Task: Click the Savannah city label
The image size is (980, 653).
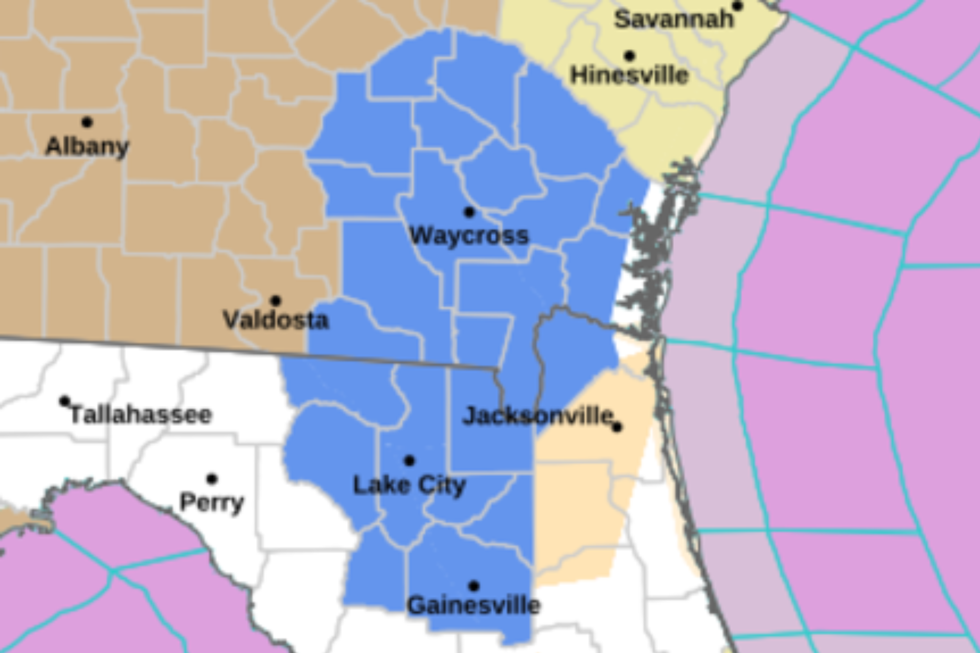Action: click(674, 20)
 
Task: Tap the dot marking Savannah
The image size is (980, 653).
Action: click(738, 6)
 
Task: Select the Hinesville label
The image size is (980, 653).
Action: click(629, 75)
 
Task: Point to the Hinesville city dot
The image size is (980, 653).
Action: click(629, 56)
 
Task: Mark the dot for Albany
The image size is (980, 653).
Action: click(87, 122)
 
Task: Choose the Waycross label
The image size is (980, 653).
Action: click(469, 236)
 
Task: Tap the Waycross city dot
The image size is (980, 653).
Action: click(469, 212)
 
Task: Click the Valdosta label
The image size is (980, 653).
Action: click(276, 320)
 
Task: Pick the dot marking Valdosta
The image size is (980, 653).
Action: click(275, 300)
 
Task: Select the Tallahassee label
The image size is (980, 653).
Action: click(141, 415)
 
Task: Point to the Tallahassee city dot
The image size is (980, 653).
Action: click(64, 401)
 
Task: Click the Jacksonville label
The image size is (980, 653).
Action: click(537, 416)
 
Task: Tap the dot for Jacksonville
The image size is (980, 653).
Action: click(617, 427)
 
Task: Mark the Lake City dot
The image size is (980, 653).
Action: click(409, 461)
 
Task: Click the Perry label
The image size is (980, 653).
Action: click(212, 502)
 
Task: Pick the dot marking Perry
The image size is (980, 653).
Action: click(212, 479)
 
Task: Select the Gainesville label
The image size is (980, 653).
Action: click(473, 606)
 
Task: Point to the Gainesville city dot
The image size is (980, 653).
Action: click(473, 586)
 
